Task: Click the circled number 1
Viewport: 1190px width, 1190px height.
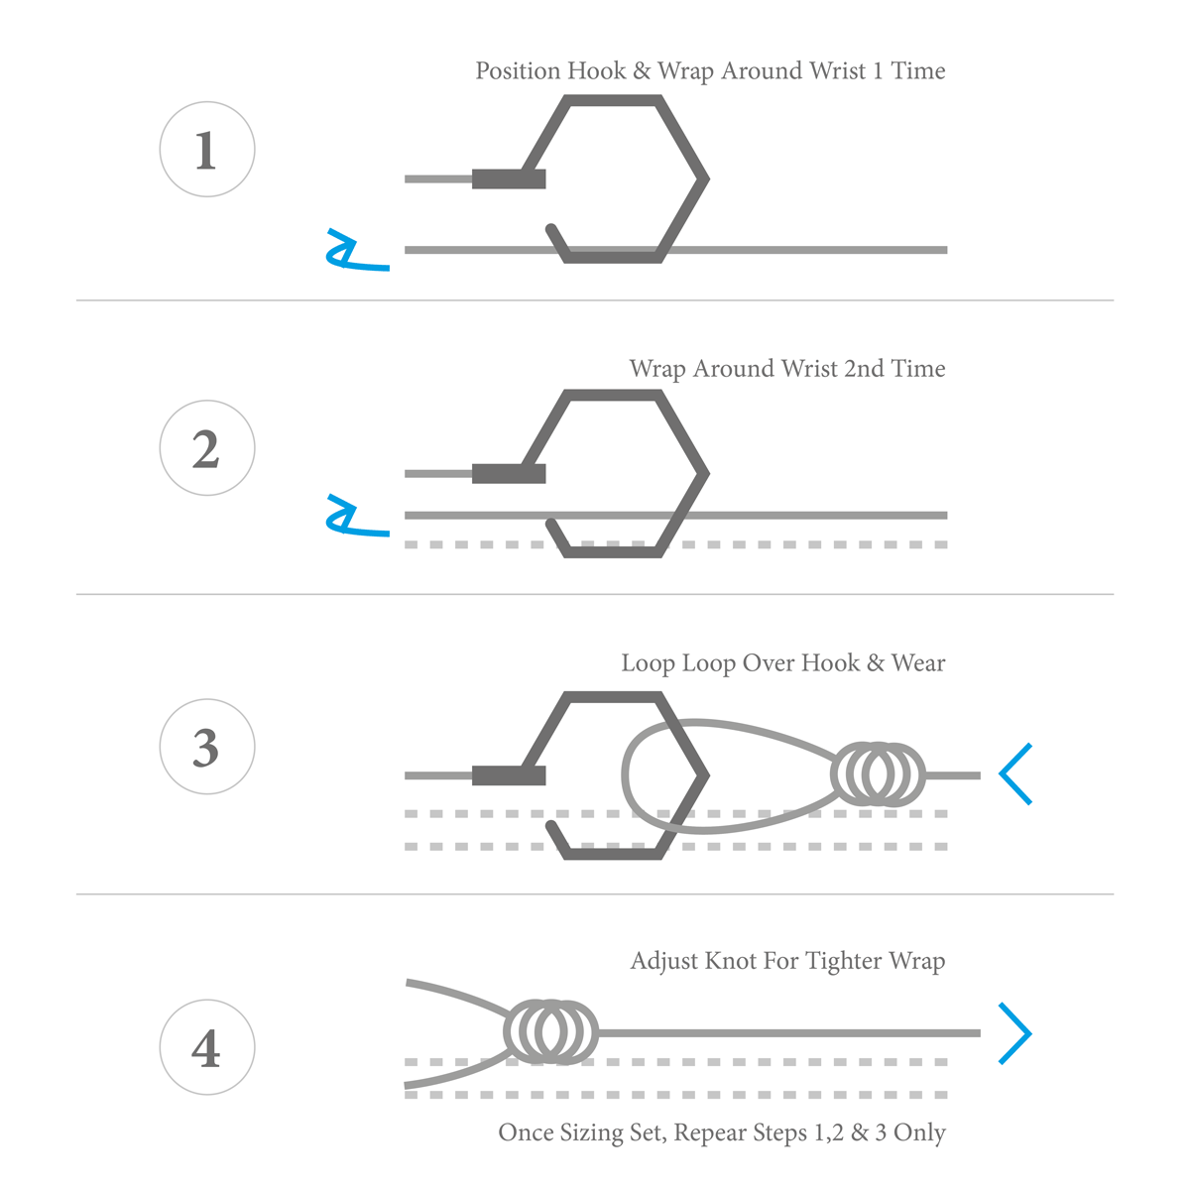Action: [207, 150]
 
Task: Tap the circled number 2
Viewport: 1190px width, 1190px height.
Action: [207, 448]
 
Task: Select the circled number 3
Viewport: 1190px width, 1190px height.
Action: [207, 747]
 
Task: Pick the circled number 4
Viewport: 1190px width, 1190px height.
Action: [207, 1047]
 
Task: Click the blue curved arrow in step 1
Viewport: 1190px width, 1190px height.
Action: [351, 254]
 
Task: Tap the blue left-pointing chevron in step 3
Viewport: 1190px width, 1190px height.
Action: [1016, 773]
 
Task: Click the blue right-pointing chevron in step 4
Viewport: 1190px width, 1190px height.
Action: [1016, 1033]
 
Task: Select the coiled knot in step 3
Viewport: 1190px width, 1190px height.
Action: [879, 773]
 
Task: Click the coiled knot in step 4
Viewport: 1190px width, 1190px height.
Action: [551, 1031]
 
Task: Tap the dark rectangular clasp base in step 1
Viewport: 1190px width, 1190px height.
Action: [509, 178]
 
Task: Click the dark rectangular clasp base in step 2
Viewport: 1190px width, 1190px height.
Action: [509, 473]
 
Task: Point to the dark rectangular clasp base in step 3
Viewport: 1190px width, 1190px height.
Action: [509, 774]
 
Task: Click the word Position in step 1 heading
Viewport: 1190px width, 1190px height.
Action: [518, 71]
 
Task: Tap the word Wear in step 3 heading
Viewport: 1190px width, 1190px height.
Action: [918, 663]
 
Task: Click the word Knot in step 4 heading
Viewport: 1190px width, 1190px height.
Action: [729, 961]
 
